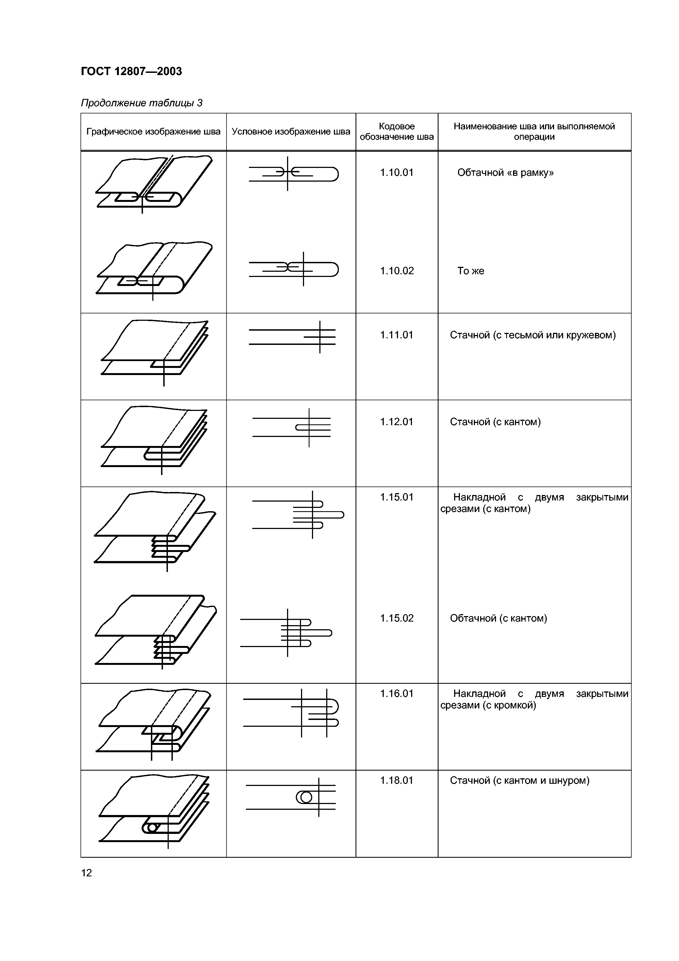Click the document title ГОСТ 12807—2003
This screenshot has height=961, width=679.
[x=131, y=71]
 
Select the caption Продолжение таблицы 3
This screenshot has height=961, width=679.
[x=141, y=103]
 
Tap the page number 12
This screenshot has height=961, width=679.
[x=86, y=873]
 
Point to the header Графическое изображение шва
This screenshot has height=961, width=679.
[x=153, y=132]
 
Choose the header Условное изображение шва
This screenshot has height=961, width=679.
[x=291, y=132]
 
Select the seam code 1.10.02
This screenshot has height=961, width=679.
[x=397, y=271]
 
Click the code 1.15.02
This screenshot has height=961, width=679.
[x=397, y=618]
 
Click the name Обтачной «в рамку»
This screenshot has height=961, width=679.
[x=505, y=172]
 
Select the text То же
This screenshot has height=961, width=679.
[x=471, y=271]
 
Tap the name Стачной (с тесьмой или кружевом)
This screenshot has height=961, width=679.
[x=532, y=335]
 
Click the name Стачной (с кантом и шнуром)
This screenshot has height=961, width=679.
[x=520, y=780]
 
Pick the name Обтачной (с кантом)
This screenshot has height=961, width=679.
[x=498, y=618]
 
